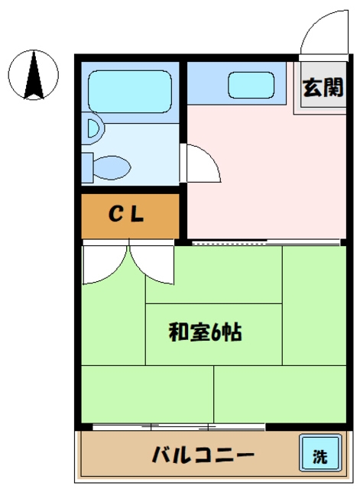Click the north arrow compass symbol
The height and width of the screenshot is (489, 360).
click(32, 75)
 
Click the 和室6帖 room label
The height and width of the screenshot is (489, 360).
click(205, 332)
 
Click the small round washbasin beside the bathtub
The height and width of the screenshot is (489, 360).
click(92, 129)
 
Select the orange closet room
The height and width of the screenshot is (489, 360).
click(130, 215)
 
